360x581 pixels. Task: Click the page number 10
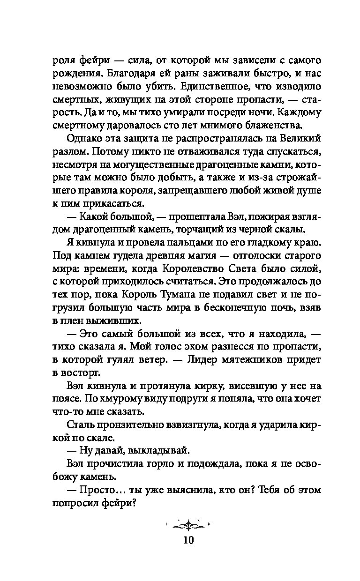188,540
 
